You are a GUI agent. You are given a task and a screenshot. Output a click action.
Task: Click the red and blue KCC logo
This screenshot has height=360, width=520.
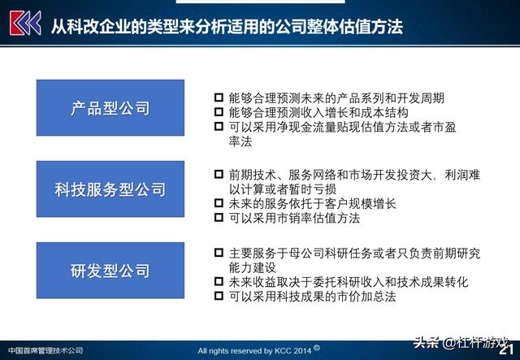(x=25, y=23)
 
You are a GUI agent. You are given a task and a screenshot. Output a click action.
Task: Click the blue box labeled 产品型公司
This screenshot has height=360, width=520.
(x=110, y=108)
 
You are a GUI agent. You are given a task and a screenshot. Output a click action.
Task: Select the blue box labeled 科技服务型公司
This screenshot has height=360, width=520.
(x=110, y=189)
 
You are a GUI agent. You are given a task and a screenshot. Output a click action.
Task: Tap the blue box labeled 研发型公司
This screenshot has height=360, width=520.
(x=110, y=271)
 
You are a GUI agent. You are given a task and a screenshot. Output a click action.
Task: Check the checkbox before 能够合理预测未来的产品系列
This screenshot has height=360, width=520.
(x=219, y=98)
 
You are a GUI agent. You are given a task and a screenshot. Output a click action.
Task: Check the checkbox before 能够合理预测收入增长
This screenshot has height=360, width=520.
(x=219, y=112)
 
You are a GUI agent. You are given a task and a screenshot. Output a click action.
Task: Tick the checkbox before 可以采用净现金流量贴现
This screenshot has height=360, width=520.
(x=219, y=127)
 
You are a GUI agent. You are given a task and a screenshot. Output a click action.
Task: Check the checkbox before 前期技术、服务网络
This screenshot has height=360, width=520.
(x=219, y=174)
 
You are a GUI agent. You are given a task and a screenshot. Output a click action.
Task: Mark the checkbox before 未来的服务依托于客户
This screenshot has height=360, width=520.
(x=219, y=202)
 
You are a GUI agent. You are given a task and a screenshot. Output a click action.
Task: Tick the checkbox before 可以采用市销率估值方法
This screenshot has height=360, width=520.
(x=219, y=217)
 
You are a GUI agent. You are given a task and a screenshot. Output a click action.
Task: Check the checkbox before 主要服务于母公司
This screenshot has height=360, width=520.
(x=219, y=253)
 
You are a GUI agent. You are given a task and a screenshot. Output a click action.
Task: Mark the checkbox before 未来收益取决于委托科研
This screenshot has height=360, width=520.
(x=219, y=281)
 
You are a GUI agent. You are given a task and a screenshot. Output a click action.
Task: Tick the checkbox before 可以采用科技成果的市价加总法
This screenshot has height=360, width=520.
(x=219, y=296)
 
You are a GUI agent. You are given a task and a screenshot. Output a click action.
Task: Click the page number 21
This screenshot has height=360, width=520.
(x=506, y=349)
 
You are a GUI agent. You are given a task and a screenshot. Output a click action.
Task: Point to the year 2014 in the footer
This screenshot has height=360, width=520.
(x=301, y=350)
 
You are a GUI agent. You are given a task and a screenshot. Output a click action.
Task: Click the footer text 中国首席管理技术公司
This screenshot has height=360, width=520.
(x=45, y=350)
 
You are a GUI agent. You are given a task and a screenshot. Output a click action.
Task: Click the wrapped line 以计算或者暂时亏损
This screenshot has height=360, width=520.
(x=283, y=189)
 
